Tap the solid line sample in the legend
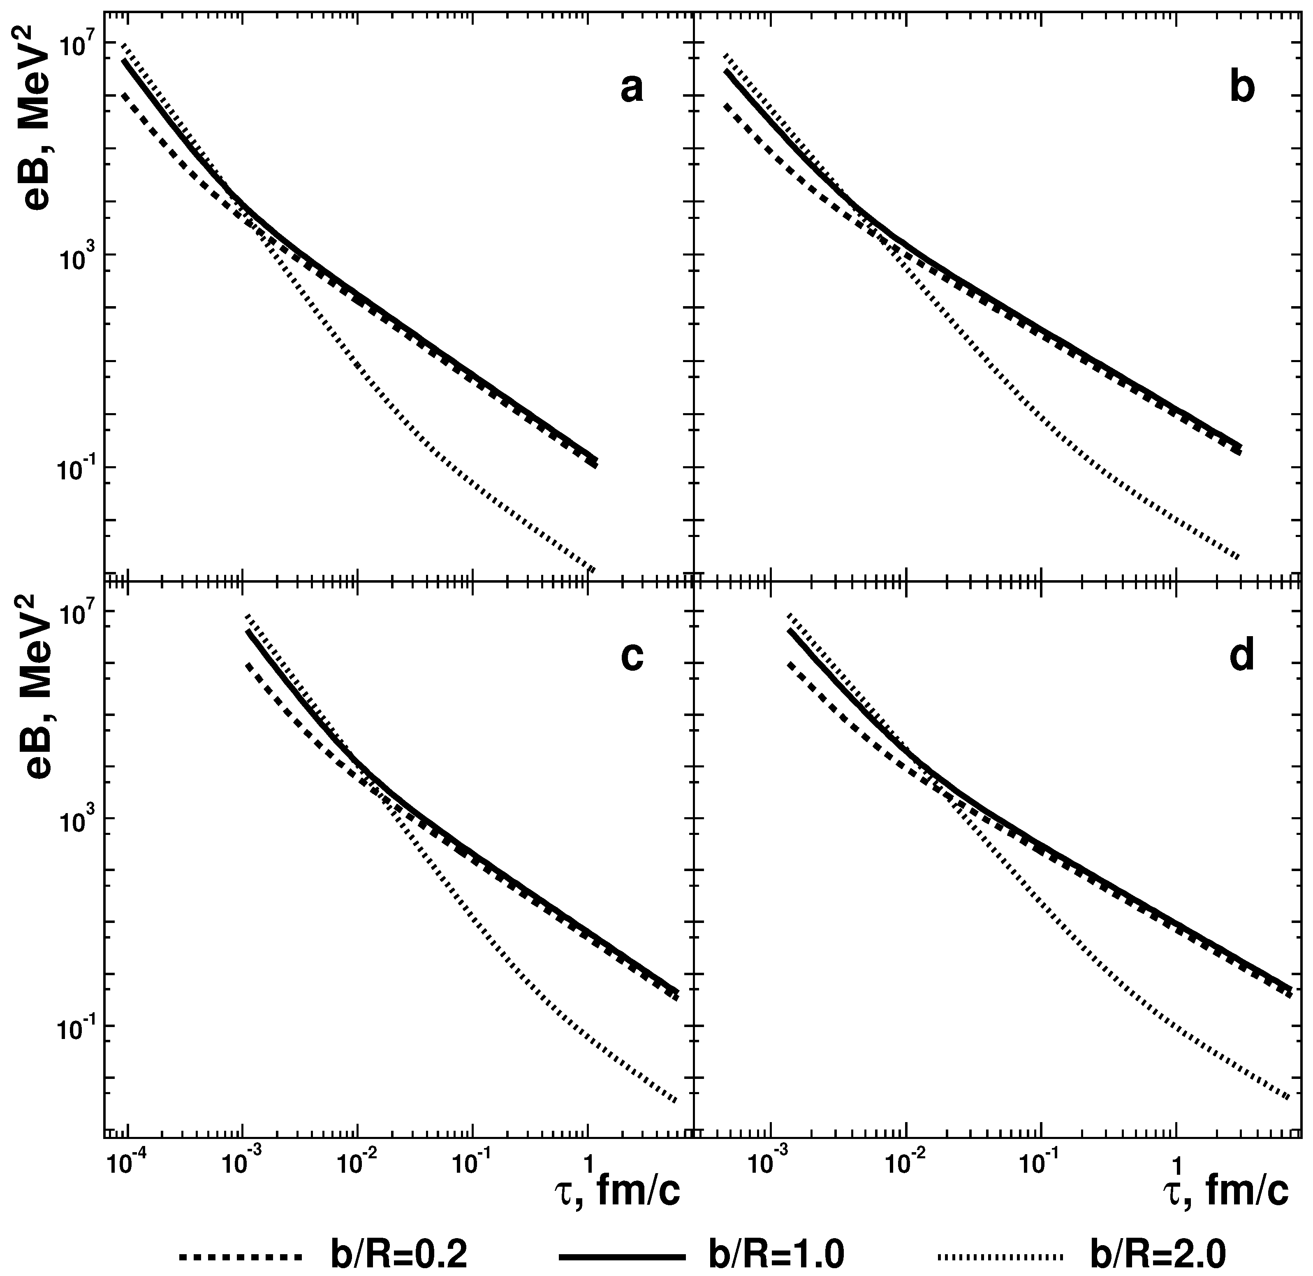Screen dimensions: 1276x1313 point(620,1255)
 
